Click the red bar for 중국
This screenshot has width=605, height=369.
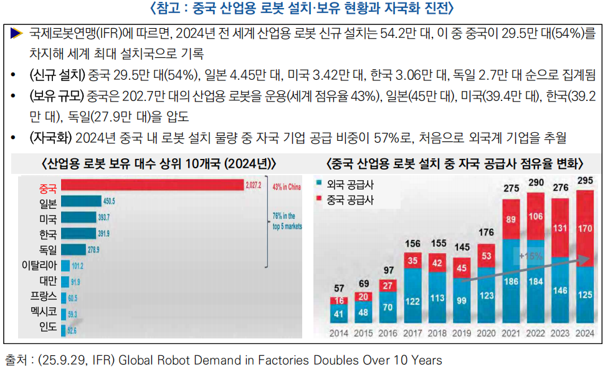[152, 185]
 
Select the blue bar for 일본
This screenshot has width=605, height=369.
[81, 201]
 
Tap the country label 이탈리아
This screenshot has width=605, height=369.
[39, 266]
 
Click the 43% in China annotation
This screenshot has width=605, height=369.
[287, 186]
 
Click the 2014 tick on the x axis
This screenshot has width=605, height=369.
[339, 333]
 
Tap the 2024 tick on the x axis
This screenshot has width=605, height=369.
[585, 333]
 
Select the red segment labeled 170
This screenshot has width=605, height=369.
[585, 228]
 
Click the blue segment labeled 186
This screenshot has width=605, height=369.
[512, 281]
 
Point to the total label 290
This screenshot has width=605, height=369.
[536, 184]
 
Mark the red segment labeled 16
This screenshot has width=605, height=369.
[339, 300]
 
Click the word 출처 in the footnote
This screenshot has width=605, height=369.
[16, 360]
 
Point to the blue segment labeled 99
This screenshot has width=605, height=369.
[462, 300]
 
